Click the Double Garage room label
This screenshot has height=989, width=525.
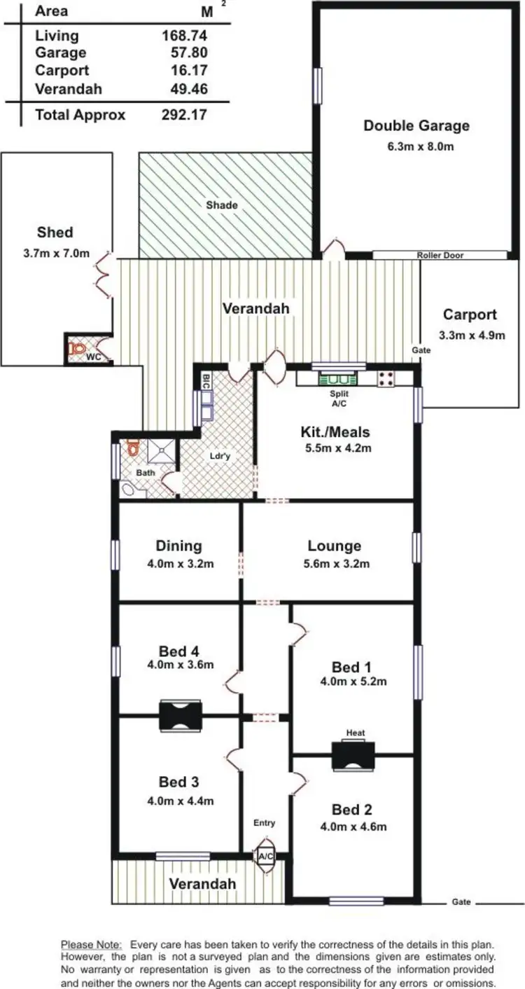(x=416, y=126)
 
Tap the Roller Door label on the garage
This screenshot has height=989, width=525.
(x=440, y=256)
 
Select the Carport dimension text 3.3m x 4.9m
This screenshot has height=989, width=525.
(x=472, y=335)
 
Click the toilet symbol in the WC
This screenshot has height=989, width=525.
(x=77, y=348)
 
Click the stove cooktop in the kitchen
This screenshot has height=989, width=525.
(x=386, y=379)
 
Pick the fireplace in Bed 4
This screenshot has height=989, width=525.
(x=181, y=715)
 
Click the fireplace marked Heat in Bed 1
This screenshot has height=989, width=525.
(x=353, y=756)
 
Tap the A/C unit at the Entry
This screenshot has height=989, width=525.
(x=265, y=857)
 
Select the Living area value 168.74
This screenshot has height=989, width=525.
(x=185, y=36)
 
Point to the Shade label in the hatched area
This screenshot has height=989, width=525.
(x=222, y=205)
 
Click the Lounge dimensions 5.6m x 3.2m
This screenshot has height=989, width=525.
(x=334, y=564)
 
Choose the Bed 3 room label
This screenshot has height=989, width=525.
(x=178, y=782)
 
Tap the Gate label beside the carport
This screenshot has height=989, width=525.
(x=420, y=350)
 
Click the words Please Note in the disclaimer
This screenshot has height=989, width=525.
(x=92, y=944)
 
